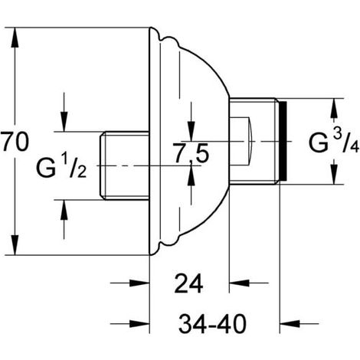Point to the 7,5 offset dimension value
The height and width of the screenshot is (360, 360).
[x=191, y=153]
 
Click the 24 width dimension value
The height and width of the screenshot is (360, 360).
[x=188, y=283]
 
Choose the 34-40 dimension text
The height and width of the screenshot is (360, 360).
[x=212, y=324]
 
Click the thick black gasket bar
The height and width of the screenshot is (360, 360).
[x=283, y=141]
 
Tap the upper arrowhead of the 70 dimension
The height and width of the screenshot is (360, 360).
[x=15, y=38]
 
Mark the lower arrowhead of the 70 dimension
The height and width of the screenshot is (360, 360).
[x=15, y=244]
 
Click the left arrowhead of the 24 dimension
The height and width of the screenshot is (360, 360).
[x=139, y=283]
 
